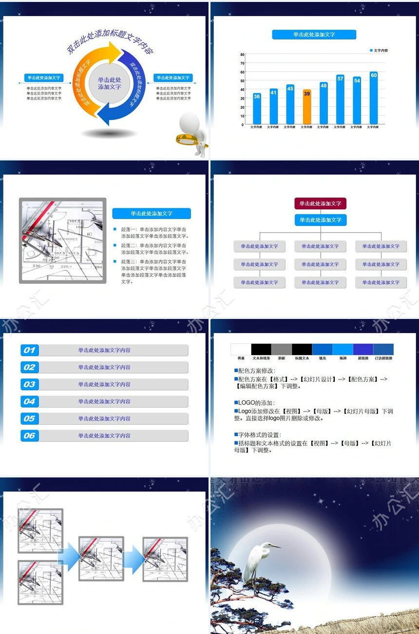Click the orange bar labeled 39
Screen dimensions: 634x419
point(306,107)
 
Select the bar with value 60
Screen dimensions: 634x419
point(373,98)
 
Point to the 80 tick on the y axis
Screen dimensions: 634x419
point(242,55)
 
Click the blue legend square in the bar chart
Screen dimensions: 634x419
point(371,50)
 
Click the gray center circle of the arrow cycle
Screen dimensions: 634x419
point(109,83)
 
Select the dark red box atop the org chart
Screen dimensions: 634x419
point(320,203)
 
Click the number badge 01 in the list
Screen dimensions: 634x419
point(29,350)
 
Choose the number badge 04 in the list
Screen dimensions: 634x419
point(29,401)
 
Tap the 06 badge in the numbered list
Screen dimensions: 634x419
point(29,436)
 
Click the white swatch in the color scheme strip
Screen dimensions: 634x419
point(241,349)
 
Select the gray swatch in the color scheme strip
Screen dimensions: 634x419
point(281,349)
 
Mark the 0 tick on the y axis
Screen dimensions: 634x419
point(243,125)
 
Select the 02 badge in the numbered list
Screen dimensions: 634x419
point(29,367)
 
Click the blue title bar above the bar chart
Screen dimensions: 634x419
point(314,35)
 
